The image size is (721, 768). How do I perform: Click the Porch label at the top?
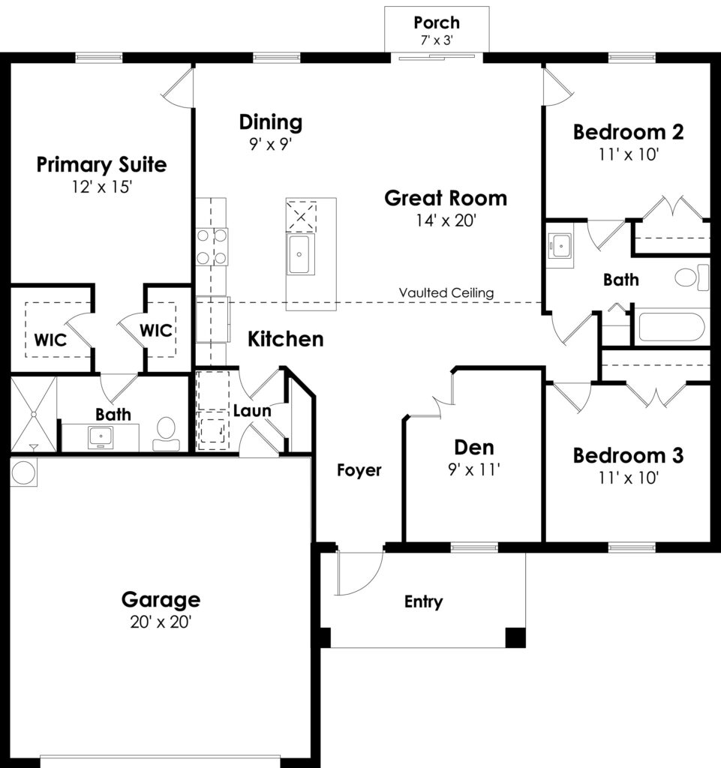(x=437, y=22)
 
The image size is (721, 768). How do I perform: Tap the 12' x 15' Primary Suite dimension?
(x=102, y=187)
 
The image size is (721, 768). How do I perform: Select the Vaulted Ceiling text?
(x=446, y=293)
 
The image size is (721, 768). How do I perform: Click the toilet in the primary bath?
(x=167, y=434)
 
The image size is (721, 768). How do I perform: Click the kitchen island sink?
(x=299, y=254)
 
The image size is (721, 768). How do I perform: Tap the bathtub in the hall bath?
(x=671, y=327)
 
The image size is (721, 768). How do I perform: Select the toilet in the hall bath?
(x=691, y=277)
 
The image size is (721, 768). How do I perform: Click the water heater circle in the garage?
(x=23, y=472)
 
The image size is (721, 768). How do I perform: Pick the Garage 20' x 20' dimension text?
(x=161, y=622)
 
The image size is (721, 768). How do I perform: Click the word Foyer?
(x=359, y=470)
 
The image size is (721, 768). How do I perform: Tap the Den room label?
(x=474, y=448)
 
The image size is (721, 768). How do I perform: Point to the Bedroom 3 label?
(x=629, y=455)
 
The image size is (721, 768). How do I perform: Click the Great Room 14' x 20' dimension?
(x=446, y=220)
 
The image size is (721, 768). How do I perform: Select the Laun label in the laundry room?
(x=252, y=410)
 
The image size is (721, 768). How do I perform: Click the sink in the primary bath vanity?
(x=101, y=436)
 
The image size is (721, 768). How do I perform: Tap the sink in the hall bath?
(x=560, y=245)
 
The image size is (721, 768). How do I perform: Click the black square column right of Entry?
(x=515, y=637)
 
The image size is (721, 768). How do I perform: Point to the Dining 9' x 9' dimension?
(x=270, y=144)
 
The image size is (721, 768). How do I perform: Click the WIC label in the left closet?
(x=50, y=340)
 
